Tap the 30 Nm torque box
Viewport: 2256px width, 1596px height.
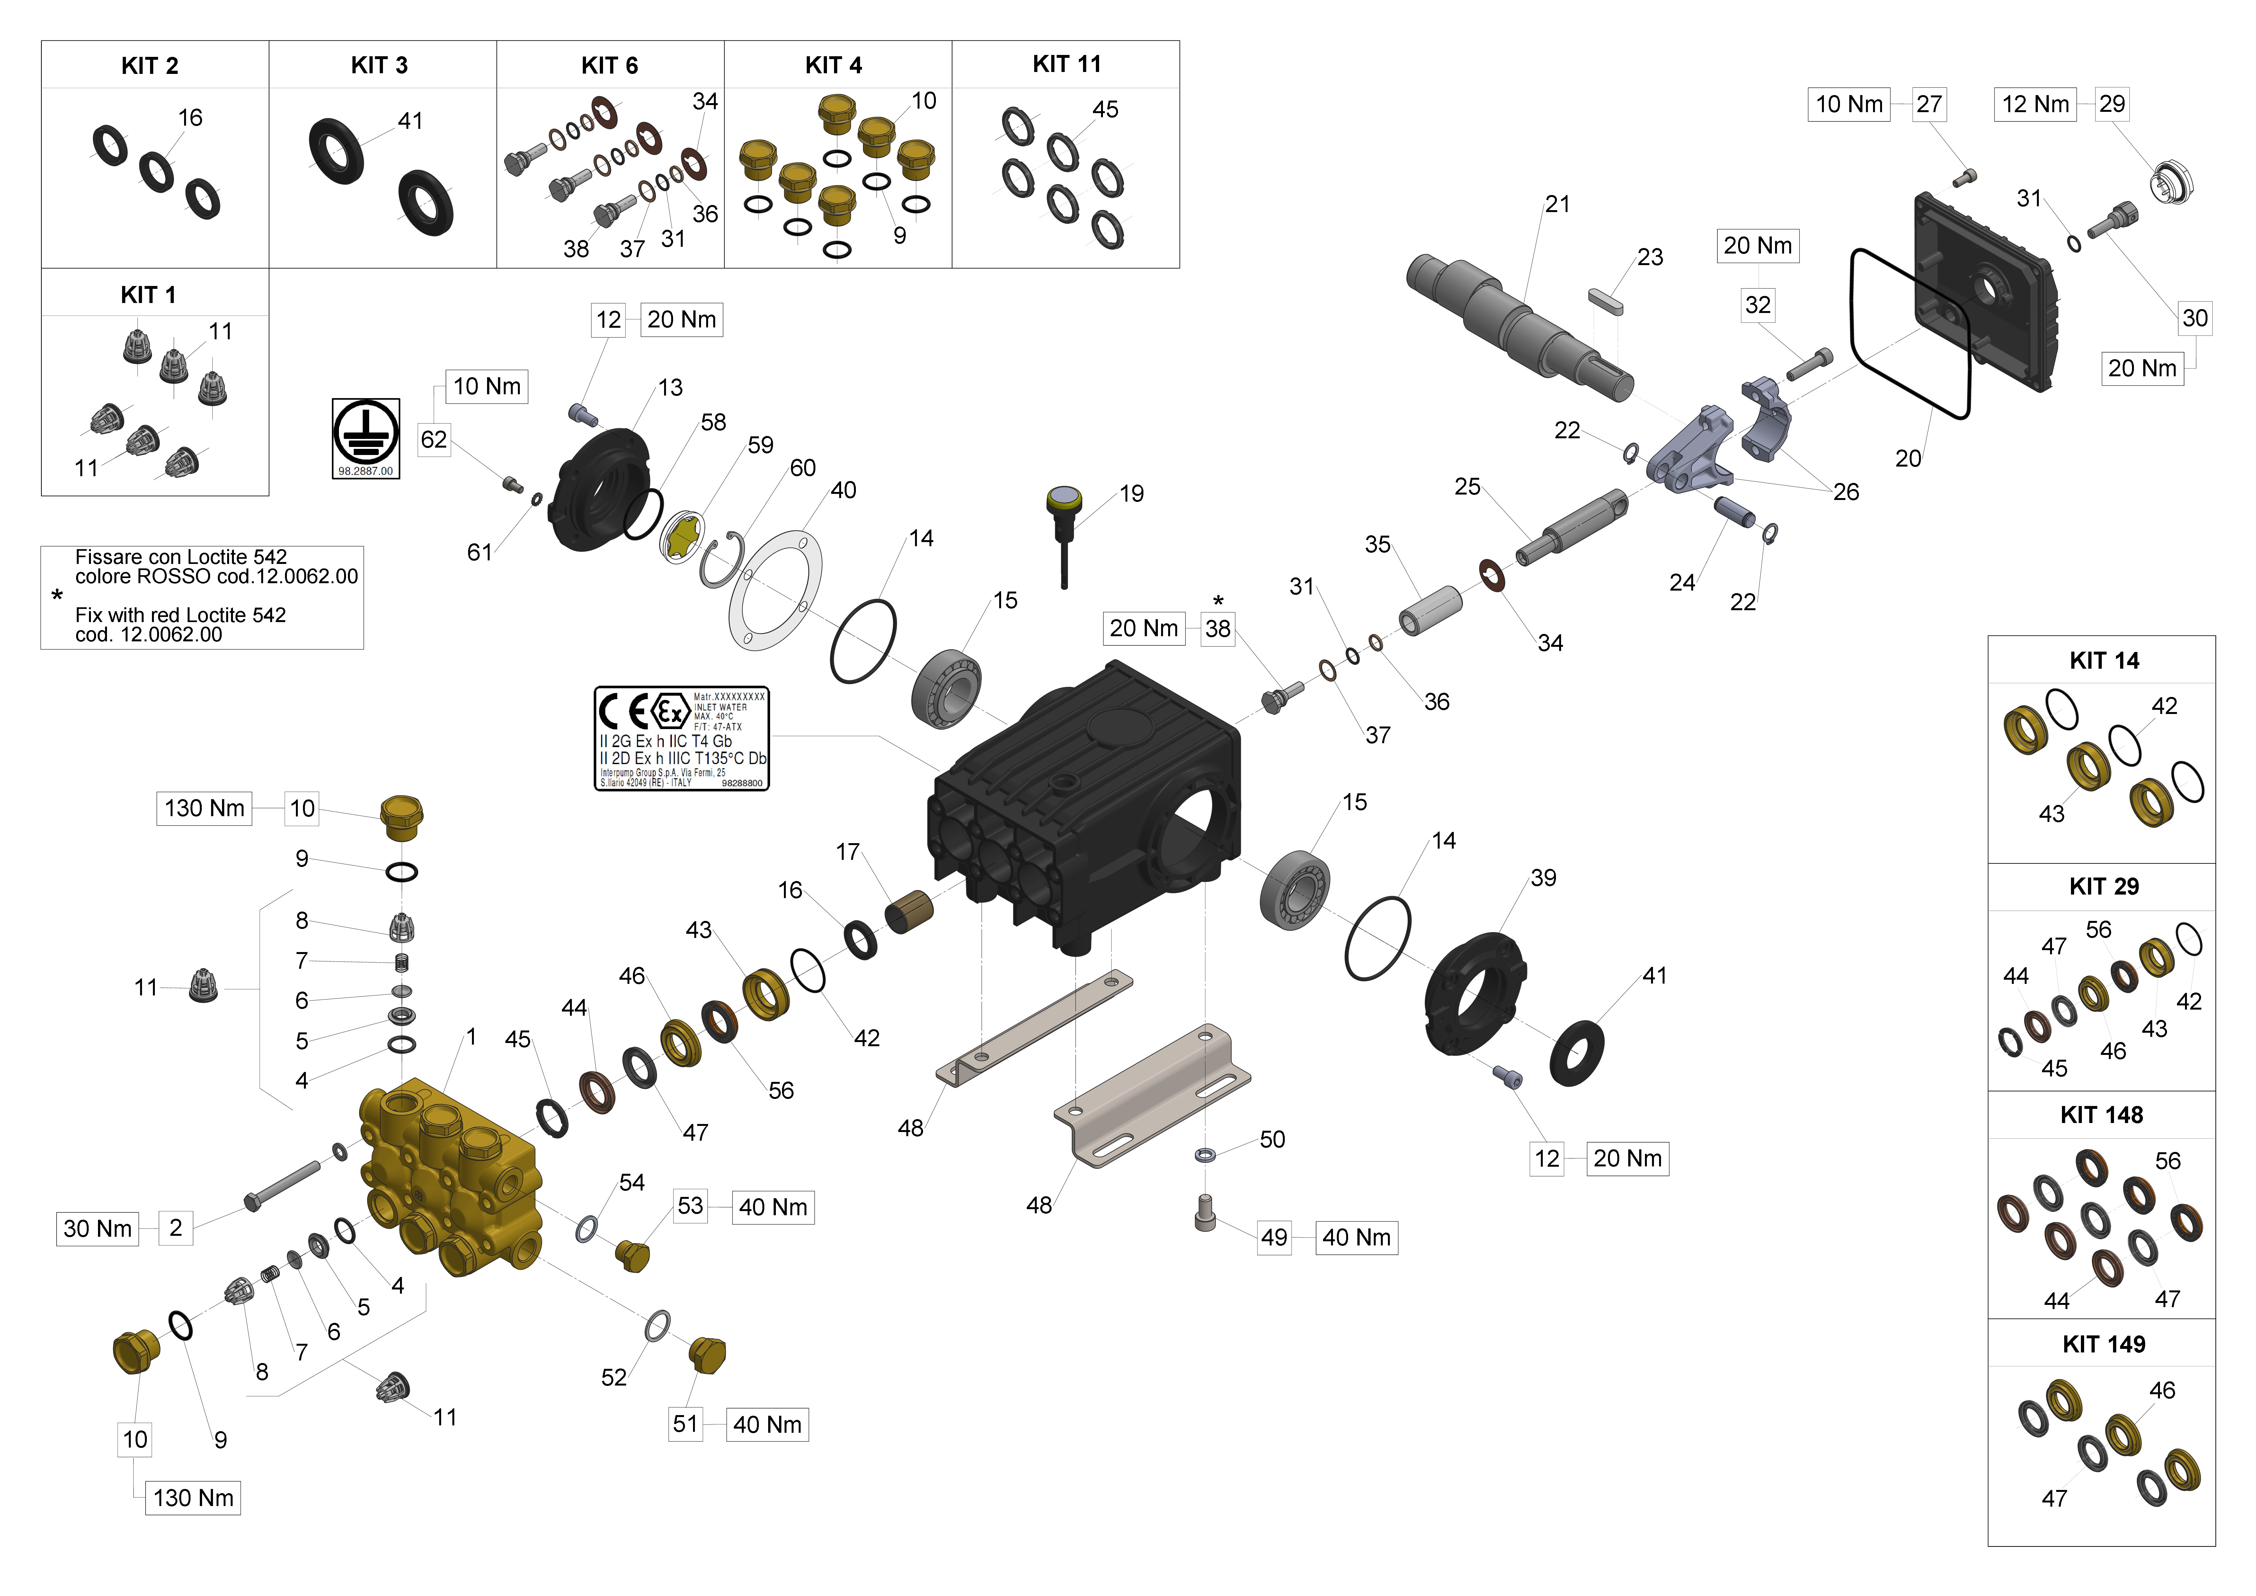tap(97, 1228)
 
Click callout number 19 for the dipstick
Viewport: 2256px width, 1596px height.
tap(1132, 493)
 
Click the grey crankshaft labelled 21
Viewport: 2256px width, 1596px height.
tap(1518, 327)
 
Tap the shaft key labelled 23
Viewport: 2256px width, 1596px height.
tap(1605, 301)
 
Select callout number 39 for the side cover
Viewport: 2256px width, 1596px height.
tap(1543, 878)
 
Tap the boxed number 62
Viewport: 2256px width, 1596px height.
tap(433, 439)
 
